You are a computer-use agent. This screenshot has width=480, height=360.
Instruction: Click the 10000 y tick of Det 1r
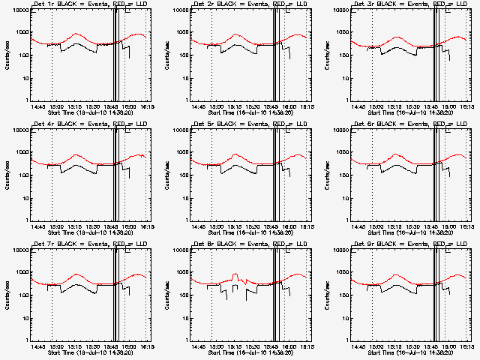pyautogui.click(x=19, y=10)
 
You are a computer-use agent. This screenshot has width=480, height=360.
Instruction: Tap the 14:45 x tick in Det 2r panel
pyautogui.click(x=198, y=106)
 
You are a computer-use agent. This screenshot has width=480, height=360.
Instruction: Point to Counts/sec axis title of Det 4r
pyautogui.click(x=6, y=175)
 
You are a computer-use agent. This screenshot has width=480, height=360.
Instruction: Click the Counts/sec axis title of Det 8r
pyautogui.click(x=166, y=295)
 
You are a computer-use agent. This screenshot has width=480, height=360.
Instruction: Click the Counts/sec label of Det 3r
pyautogui.click(x=327, y=55)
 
